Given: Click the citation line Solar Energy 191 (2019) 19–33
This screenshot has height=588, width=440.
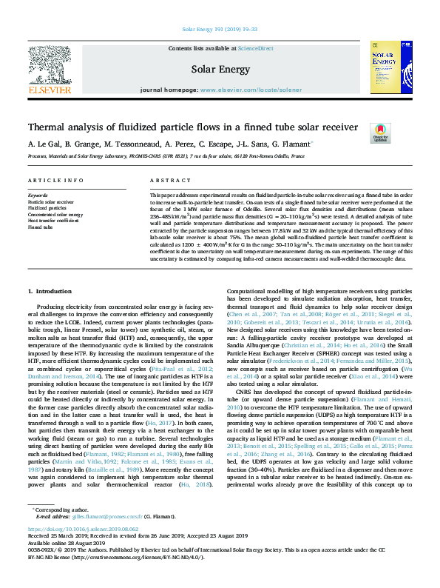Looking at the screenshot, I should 220,29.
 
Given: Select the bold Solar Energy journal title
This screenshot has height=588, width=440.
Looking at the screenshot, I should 220,68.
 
